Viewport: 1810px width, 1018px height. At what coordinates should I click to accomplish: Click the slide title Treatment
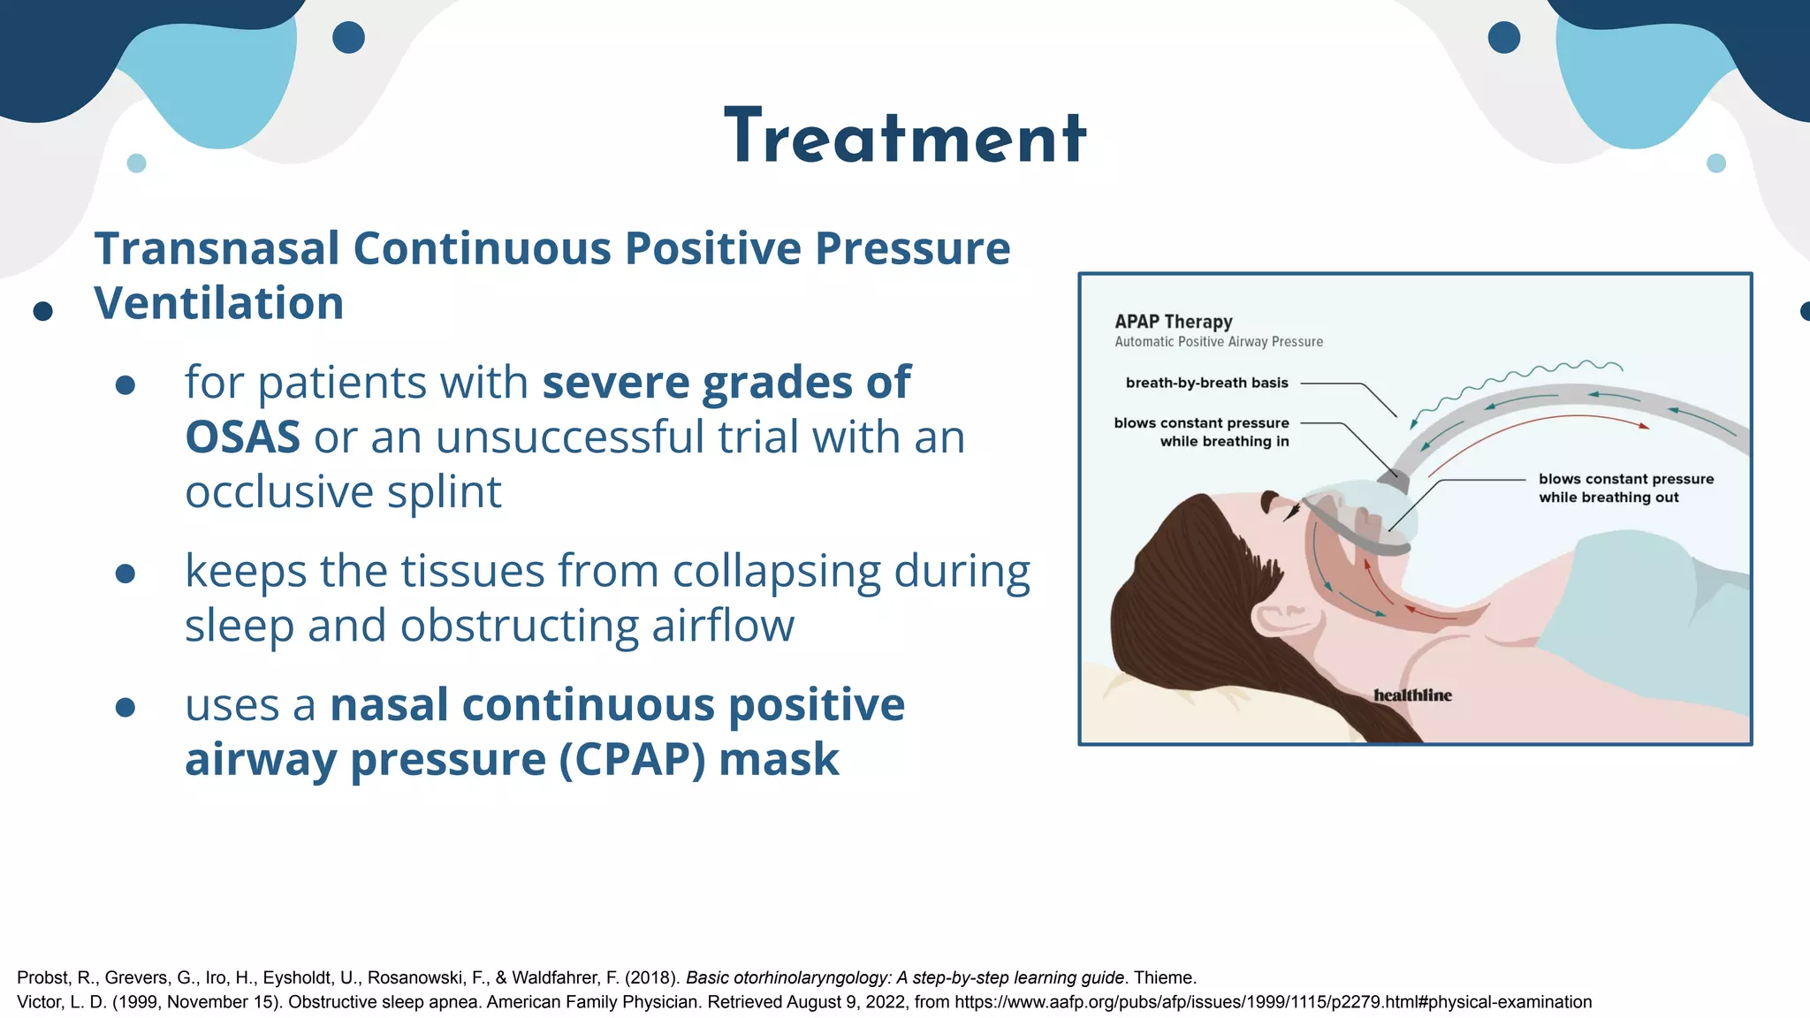[905, 138]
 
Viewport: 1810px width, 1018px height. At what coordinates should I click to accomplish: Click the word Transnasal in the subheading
[217, 248]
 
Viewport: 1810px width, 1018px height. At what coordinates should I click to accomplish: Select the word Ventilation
[218, 303]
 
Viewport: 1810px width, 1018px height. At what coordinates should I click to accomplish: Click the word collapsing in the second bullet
[776, 572]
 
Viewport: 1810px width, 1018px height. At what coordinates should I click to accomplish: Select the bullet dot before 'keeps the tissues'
[125, 574]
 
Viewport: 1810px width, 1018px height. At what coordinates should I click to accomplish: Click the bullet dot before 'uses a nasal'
[125, 707]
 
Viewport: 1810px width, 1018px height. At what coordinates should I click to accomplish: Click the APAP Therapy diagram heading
[1173, 322]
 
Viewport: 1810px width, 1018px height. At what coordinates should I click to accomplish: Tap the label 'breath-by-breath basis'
[1206, 383]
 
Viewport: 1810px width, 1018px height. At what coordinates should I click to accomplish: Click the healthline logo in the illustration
[1411, 695]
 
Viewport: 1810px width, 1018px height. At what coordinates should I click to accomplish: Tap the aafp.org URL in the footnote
[1273, 1002]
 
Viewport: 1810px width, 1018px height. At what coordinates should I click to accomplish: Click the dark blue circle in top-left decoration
[348, 38]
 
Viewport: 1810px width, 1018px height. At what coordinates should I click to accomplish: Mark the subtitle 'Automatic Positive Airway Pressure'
[1218, 342]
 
